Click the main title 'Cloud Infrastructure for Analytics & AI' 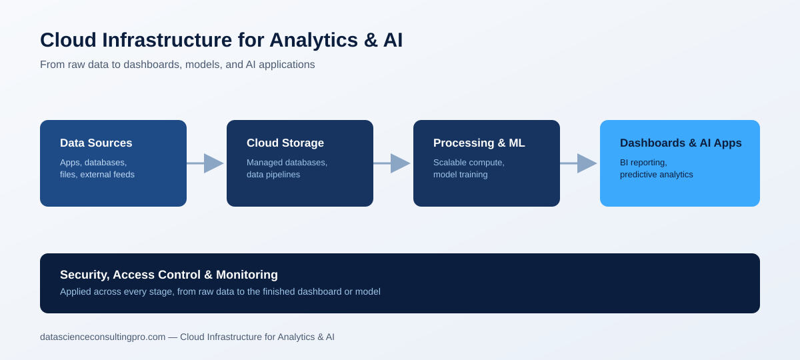[x=221, y=39]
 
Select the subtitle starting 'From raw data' [x=177, y=65]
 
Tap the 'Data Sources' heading [x=96, y=143]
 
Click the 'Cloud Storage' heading [x=285, y=143]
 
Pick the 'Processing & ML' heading [x=479, y=143]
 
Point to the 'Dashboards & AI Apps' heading [x=681, y=143]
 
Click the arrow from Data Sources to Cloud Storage [x=205, y=163]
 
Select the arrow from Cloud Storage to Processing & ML [x=392, y=163]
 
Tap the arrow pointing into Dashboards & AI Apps [x=579, y=163]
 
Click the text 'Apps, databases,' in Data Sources [x=93, y=163]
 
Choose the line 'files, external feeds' [x=97, y=175]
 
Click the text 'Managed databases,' [x=287, y=163]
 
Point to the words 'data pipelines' [x=273, y=175]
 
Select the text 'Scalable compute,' [x=469, y=163]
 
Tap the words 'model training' [x=461, y=175]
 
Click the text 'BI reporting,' [x=643, y=163]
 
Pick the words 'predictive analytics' [x=657, y=175]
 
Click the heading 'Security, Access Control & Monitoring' [x=169, y=275]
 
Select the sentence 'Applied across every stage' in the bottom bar [x=220, y=292]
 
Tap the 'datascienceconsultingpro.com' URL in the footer [x=103, y=337]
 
